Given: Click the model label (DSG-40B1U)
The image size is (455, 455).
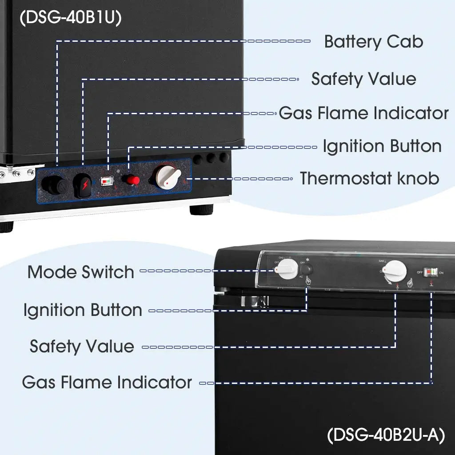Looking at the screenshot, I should click(71, 18).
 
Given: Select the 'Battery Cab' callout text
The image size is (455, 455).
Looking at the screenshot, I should click(373, 42).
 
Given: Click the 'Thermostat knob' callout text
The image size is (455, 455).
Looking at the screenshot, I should click(369, 178).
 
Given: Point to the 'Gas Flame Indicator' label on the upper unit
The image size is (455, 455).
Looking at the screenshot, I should click(363, 113).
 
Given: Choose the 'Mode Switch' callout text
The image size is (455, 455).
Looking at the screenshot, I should click(80, 272).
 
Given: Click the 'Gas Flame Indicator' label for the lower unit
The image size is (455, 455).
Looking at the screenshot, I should click(107, 382).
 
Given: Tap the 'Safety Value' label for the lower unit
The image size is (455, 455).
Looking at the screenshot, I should click(82, 346).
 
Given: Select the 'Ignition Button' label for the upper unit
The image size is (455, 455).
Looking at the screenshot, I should click(382, 146).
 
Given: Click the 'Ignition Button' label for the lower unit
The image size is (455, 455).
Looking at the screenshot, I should click(83, 310).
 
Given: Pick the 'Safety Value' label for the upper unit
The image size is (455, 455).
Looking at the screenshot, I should click(363, 79).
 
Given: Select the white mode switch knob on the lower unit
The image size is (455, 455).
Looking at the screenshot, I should click(288, 269).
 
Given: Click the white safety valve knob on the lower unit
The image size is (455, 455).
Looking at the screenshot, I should click(395, 270).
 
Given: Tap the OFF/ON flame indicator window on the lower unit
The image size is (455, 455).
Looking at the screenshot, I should click(430, 272).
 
